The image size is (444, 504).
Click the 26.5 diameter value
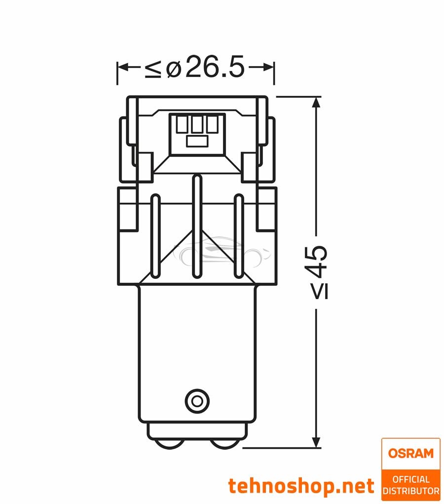(216, 67)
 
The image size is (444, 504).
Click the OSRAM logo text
(411, 453)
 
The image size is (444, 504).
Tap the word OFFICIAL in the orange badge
(411, 479)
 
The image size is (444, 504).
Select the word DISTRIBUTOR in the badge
(411, 491)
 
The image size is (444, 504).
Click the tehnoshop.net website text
(301, 486)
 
